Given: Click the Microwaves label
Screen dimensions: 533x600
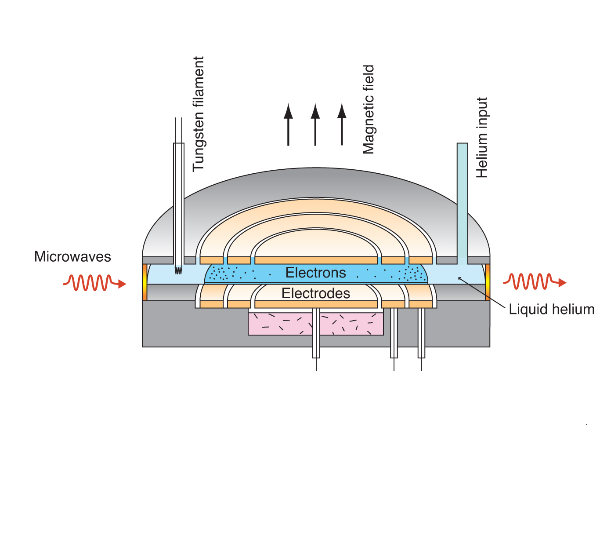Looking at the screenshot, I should coord(72,257).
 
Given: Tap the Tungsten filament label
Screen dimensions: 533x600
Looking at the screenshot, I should coord(199,113).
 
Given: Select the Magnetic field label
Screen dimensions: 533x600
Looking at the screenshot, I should coord(369,110).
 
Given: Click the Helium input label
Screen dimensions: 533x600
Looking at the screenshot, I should coord(482,137).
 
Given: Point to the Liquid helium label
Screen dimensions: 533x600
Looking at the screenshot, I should coord(551,309).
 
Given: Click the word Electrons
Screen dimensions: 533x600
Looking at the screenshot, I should coord(315,273).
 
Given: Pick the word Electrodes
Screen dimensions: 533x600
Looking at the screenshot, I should coord(315,293).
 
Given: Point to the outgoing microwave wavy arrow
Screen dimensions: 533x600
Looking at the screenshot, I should coord(534,282).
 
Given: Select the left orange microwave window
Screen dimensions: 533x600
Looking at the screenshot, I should coord(145,282).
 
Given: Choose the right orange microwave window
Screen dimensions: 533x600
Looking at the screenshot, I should coord(488,282).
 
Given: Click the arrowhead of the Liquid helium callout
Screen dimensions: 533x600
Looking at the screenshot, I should coord(459,278).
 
